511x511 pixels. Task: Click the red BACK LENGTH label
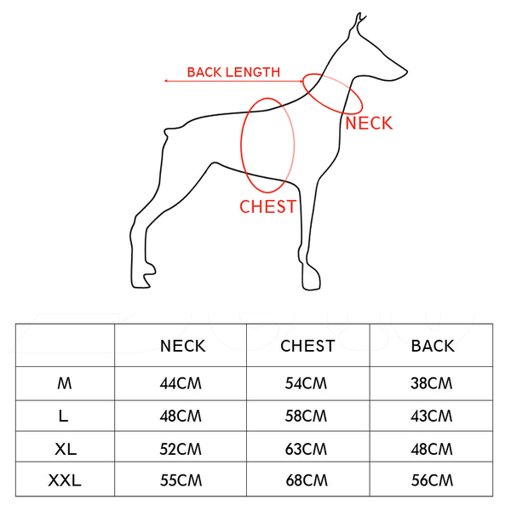click(233, 72)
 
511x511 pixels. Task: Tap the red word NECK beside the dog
click(369, 123)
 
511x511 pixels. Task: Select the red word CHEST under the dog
click(267, 207)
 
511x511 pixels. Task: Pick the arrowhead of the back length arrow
click(167, 81)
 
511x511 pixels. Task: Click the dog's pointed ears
click(360, 20)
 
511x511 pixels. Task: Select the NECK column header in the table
click(182, 346)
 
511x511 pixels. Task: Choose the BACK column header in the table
click(433, 346)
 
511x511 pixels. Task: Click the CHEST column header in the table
click(307, 346)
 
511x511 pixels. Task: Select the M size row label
click(65, 383)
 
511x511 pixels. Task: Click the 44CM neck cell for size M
click(182, 383)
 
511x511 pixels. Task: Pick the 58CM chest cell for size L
click(307, 416)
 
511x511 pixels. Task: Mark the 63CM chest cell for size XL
click(307, 449)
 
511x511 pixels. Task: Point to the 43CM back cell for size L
click(433, 416)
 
